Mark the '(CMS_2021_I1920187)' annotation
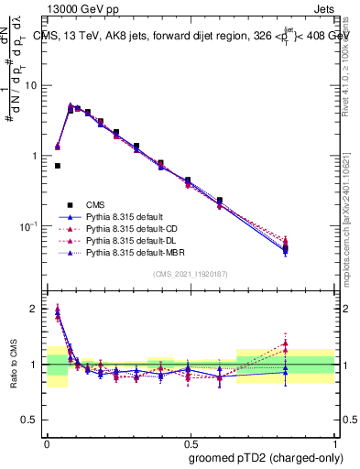click(191, 274)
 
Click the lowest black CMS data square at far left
click(58, 166)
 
